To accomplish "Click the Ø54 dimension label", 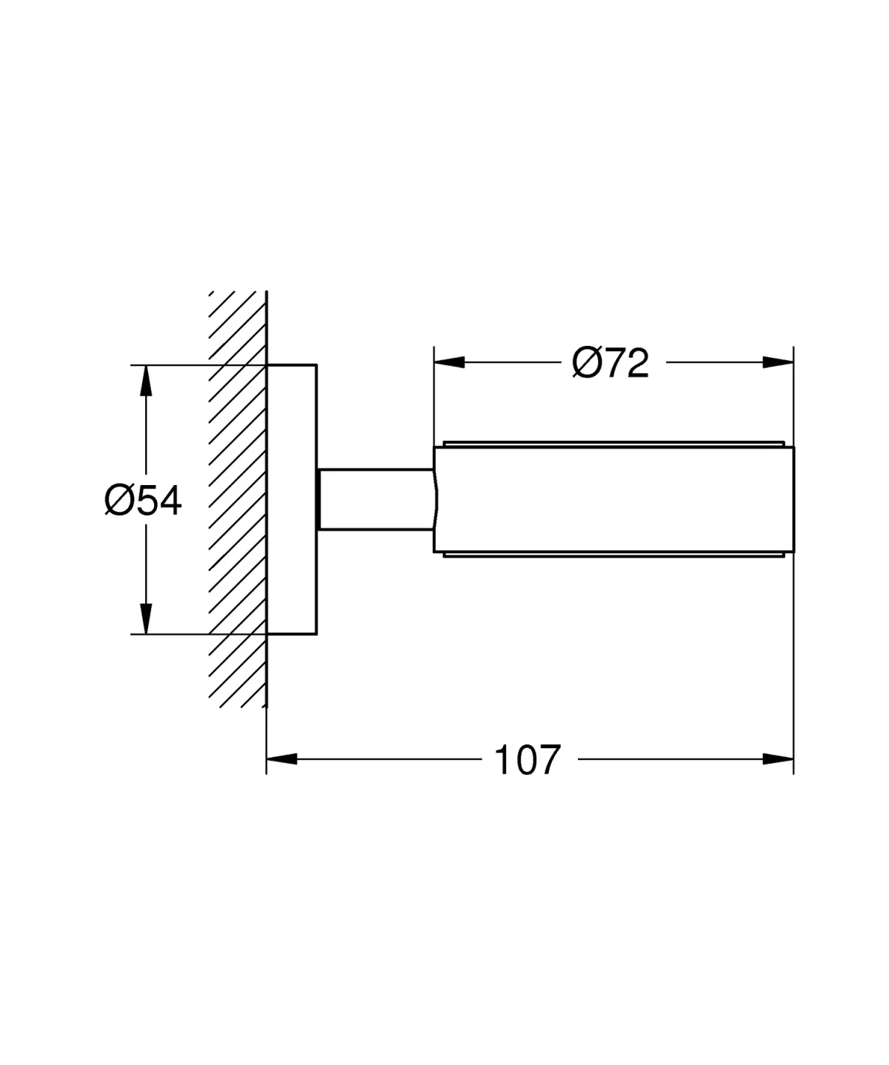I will tap(143, 501).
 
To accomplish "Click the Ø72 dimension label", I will tap(610, 363).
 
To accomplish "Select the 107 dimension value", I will tap(527, 760).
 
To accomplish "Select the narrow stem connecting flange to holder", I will tap(375, 499).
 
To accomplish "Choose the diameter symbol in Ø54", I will tap(119, 501).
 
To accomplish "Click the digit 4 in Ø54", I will tap(169, 501).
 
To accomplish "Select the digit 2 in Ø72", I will tap(636, 363).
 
